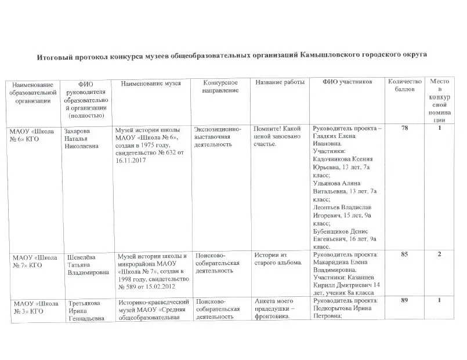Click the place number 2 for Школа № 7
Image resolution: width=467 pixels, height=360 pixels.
click(440, 254)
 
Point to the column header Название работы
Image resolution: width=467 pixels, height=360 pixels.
click(280, 83)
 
